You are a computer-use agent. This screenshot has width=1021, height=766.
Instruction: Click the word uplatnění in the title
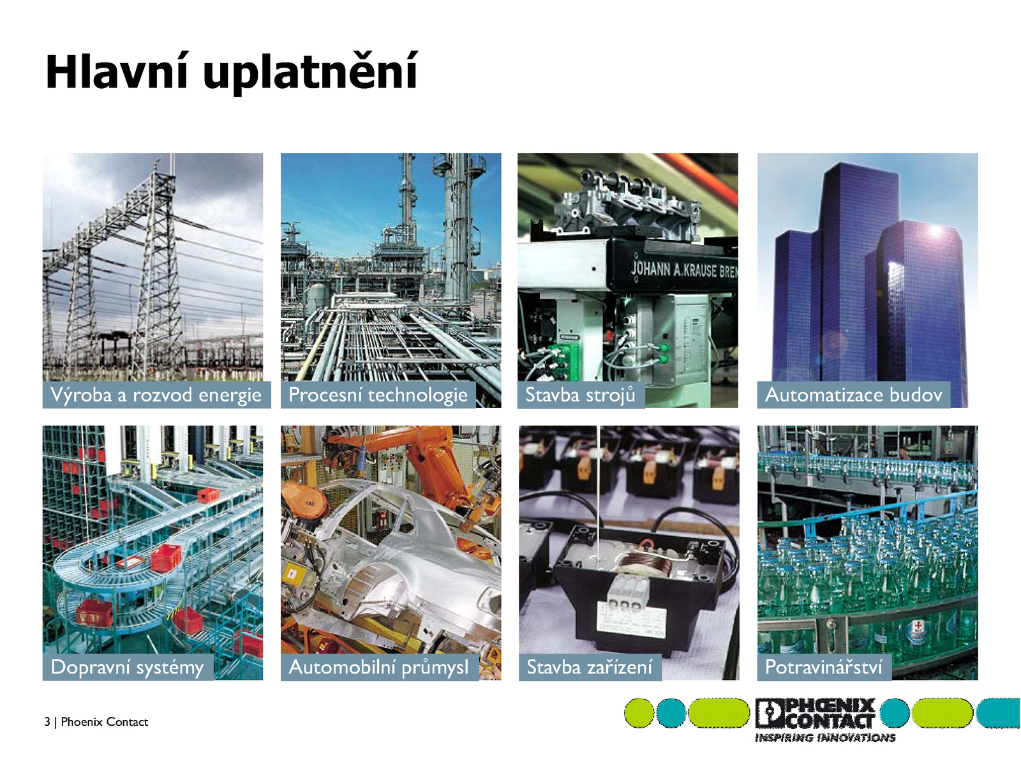click(311, 73)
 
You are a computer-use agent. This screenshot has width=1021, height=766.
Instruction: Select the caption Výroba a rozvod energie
click(156, 395)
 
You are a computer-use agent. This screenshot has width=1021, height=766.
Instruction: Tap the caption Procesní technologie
click(378, 395)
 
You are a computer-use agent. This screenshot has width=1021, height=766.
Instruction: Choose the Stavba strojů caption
click(580, 394)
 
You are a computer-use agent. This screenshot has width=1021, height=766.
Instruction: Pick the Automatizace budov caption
click(853, 394)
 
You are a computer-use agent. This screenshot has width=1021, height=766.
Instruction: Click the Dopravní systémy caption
click(127, 668)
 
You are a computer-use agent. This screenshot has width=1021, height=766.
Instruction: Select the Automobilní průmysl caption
click(378, 668)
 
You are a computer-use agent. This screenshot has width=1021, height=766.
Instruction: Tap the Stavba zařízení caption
click(590, 667)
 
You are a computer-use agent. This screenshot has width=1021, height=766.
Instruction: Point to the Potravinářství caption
click(823, 667)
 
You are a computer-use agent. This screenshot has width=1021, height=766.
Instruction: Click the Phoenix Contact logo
click(814, 712)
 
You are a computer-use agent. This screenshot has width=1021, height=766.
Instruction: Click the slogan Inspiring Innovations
click(824, 738)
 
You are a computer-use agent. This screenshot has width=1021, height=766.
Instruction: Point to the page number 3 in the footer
click(47, 721)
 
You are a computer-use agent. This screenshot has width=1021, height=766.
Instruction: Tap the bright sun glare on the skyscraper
click(935, 231)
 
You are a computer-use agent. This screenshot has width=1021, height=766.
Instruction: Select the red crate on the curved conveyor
click(166, 558)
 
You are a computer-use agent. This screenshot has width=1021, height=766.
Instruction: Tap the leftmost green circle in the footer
click(639, 712)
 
